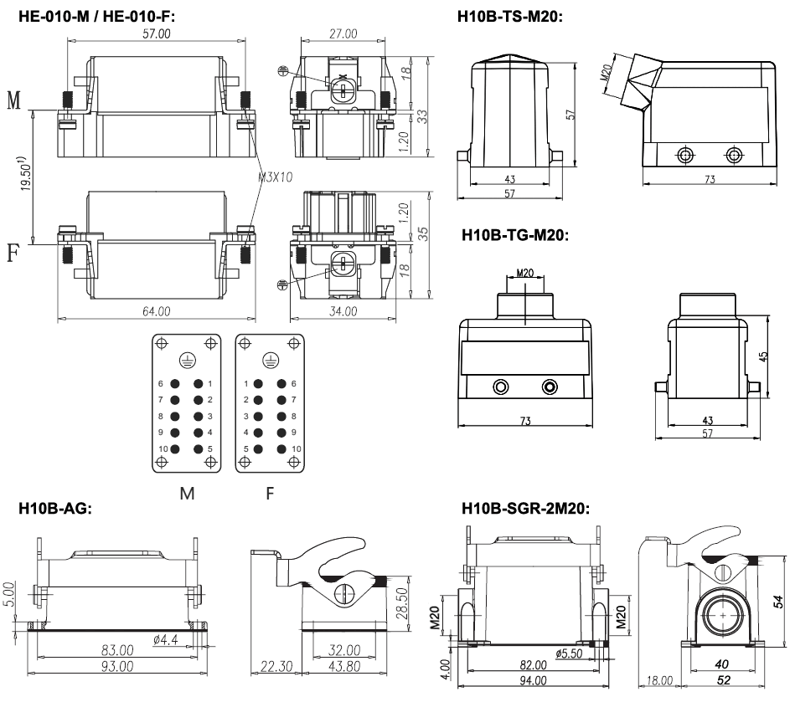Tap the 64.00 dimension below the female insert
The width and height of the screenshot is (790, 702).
click(156, 311)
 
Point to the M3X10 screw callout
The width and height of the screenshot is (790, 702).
click(276, 177)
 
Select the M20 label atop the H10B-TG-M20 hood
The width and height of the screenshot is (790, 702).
click(524, 273)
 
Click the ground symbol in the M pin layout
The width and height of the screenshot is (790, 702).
click(187, 360)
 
